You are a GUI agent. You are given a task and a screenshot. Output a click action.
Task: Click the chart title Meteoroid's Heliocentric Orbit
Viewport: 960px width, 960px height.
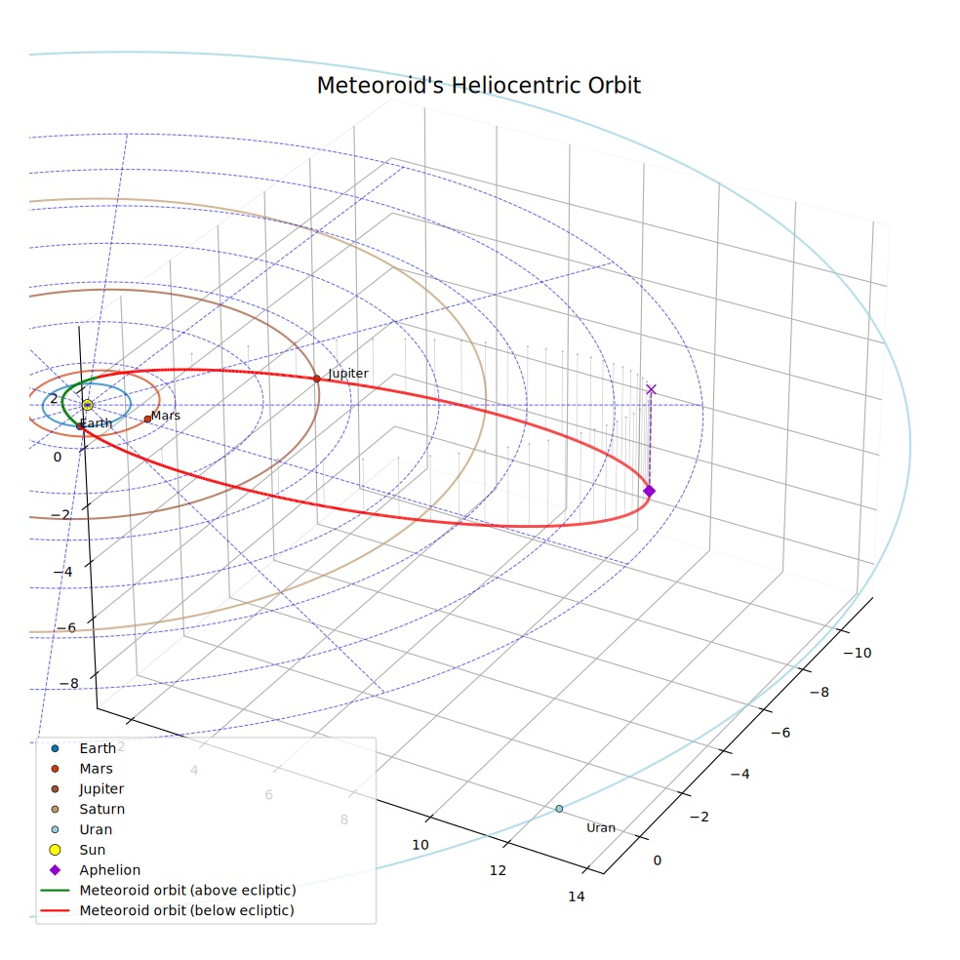coord(479,85)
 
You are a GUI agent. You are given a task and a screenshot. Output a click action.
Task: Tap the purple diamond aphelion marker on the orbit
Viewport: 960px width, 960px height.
coord(650,491)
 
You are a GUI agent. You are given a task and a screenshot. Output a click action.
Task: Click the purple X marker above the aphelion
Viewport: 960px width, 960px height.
coord(651,389)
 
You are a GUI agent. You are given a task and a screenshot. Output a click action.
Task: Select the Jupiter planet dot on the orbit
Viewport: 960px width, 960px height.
coord(316,379)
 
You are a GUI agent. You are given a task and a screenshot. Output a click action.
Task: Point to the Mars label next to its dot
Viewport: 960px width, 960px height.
coord(165,415)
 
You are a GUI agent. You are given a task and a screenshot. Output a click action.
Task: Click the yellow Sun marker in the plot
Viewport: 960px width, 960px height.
coord(87,405)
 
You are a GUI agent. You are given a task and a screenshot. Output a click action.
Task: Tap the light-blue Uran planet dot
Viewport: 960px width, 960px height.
coord(559,809)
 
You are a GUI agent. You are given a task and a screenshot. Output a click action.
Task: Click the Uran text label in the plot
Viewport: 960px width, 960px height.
coord(601,827)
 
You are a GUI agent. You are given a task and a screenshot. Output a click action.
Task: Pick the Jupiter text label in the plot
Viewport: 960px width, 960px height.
coord(348,374)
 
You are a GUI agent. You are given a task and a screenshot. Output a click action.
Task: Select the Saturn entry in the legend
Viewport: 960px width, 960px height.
coord(101,809)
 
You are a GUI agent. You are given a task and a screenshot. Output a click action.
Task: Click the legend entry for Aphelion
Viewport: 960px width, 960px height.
coord(109,870)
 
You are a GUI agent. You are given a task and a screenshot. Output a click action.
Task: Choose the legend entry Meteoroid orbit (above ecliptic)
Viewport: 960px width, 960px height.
coord(187,890)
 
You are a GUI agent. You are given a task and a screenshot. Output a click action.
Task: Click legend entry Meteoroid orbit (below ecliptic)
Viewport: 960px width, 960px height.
coord(186,910)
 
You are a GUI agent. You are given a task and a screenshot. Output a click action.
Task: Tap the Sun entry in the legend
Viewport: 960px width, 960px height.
coord(92,850)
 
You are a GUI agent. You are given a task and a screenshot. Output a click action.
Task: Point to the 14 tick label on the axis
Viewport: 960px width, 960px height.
coord(577,897)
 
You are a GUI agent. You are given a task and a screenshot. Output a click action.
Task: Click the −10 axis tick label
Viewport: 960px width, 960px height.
coord(858,653)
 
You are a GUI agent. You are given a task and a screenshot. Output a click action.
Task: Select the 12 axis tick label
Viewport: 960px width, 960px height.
coord(498,870)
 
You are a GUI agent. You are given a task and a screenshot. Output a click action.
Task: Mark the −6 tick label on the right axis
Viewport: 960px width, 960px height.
coord(780,733)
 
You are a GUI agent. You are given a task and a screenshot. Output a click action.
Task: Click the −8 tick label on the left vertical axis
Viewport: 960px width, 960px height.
coord(68,683)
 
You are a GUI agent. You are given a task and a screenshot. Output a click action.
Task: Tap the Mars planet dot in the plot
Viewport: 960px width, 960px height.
coord(147,420)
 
